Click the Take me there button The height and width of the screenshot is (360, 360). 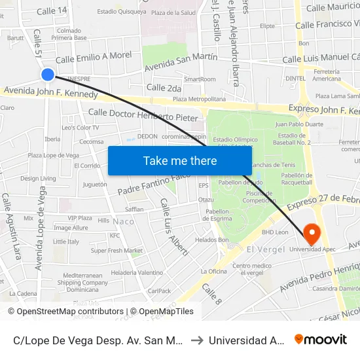180,160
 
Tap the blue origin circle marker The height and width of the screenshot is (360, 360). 48,75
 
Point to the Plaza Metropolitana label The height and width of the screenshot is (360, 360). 198,99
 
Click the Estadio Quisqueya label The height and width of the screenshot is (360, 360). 121,11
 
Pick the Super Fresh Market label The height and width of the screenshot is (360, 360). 117,251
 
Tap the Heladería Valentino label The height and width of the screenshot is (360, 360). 137,272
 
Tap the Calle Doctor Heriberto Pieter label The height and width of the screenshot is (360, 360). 143,115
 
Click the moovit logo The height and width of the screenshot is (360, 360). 321,339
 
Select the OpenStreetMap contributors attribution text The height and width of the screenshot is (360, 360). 70,312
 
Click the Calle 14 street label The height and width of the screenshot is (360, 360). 52,10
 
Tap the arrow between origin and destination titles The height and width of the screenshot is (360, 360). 196,340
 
